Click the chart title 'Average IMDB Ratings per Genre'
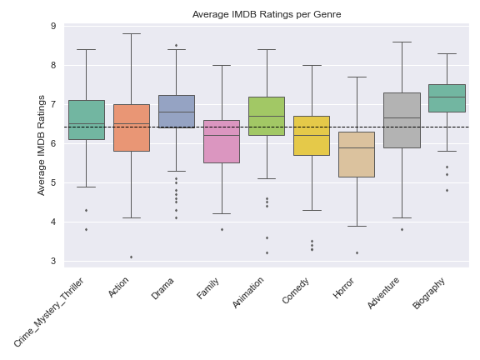click(267, 14)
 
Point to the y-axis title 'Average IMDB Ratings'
click(41, 145)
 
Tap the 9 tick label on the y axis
click(53, 26)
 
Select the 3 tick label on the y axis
click(53, 261)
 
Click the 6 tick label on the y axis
click(53, 143)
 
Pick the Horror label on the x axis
click(343, 288)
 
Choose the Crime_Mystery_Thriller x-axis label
click(49, 312)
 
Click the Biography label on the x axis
click(428, 293)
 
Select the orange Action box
click(132, 127)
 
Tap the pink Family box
click(222, 142)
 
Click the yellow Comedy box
click(312, 136)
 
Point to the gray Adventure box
click(402, 120)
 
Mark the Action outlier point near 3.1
click(132, 257)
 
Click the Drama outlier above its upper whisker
click(177, 46)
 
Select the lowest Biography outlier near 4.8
click(447, 190)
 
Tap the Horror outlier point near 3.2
click(357, 253)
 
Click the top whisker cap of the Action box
click(132, 33)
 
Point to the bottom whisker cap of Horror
click(357, 226)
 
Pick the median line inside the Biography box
click(447, 97)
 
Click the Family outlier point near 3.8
click(222, 230)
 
